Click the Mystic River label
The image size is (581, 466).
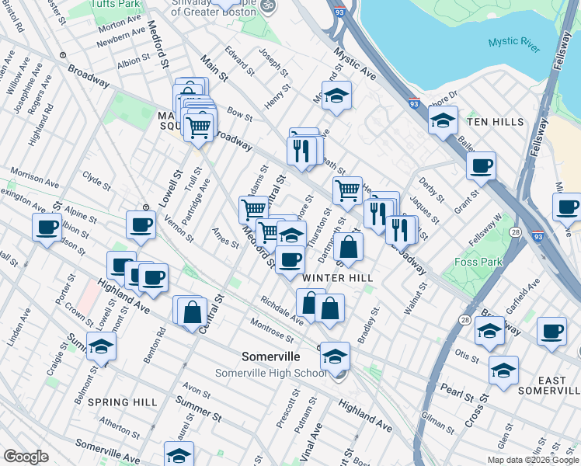click(x=514, y=45)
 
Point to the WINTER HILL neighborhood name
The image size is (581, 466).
click(x=338, y=277)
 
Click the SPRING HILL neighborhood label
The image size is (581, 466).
click(x=122, y=402)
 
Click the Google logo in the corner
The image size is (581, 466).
click(x=26, y=456)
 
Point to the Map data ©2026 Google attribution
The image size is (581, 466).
click(x=534, y=460)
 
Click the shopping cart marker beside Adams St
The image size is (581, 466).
click(x=253, y=209)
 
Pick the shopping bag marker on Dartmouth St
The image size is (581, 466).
click(x=350, y=247)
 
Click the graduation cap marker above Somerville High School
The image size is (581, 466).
click(x=335, y=356)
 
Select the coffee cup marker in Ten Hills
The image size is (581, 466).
click(x=482, y=165)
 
